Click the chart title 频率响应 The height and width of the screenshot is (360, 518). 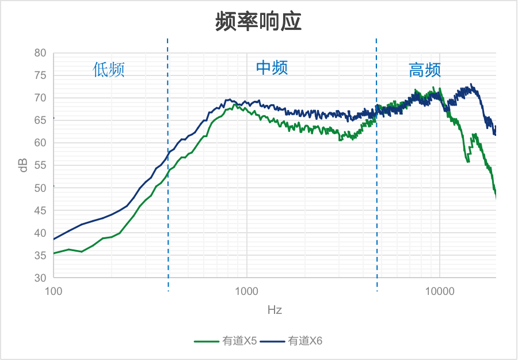(258, 22)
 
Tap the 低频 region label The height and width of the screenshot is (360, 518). (109, 70)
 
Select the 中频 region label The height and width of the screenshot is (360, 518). (272, 67)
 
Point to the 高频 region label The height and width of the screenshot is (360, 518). (425, 70)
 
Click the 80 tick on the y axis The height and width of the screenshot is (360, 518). (40, 52)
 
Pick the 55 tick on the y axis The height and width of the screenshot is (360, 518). (40, 165)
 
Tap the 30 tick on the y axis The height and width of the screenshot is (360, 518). (40, 278)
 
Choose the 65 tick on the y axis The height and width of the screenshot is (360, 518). (40, 120)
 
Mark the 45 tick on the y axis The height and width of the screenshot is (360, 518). (40, 210)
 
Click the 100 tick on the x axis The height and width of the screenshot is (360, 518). (54, 291)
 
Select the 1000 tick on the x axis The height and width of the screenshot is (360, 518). (246, 291)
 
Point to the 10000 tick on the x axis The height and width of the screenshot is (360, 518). (440, 291)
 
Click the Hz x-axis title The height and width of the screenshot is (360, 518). (275, 310)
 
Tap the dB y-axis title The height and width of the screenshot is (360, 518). (24, 165)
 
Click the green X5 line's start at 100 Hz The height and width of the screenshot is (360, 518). (54, 253)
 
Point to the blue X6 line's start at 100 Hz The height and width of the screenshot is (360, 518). (54, 238)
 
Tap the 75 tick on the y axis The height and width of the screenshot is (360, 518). (40, 75)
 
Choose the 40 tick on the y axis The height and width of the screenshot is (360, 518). (40, 233)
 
